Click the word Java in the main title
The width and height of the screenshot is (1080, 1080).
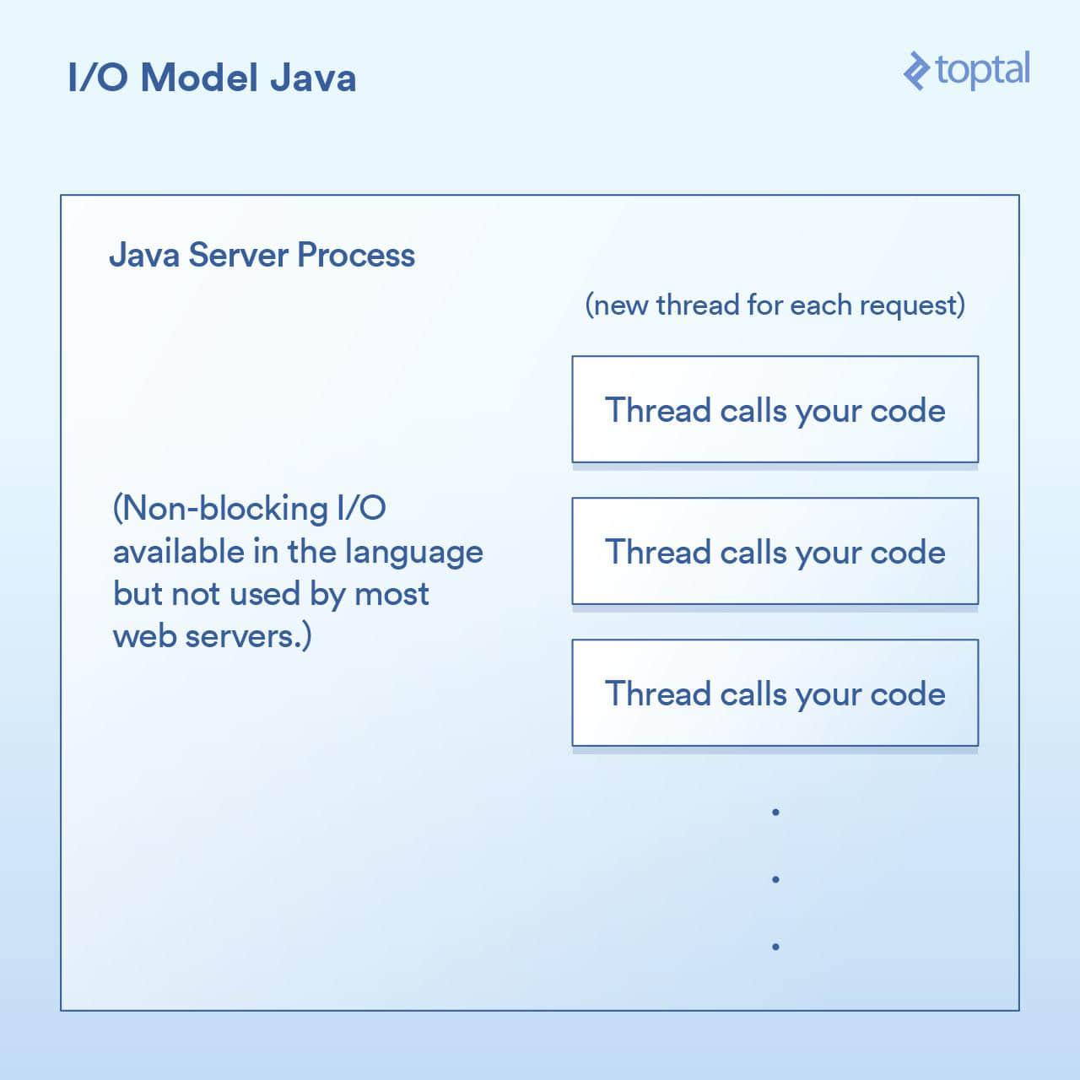tap(313, 78)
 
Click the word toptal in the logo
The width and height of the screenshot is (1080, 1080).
tap(982, 71)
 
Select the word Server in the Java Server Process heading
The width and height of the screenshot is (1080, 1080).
tap(238, 255)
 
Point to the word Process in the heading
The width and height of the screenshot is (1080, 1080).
tap(356, 255)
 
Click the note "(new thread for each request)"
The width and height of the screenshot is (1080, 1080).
tap(775, 305)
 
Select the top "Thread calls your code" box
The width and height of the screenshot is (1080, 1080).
tap(775, 409)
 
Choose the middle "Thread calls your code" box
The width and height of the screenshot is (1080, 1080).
tap(775, 551)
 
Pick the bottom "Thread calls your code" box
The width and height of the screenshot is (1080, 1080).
tap(775, 693)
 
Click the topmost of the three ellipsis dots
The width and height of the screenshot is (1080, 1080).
tap(775, 812)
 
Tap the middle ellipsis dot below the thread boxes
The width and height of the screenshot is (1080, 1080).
tap(775, 879)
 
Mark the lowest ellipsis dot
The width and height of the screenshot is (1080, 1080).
tap(775, 947)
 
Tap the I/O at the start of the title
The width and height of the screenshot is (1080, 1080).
tap(98, 78)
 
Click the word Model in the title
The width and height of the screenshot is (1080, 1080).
tap(199, 78)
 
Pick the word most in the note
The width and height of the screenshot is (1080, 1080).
tap(391, 595)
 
